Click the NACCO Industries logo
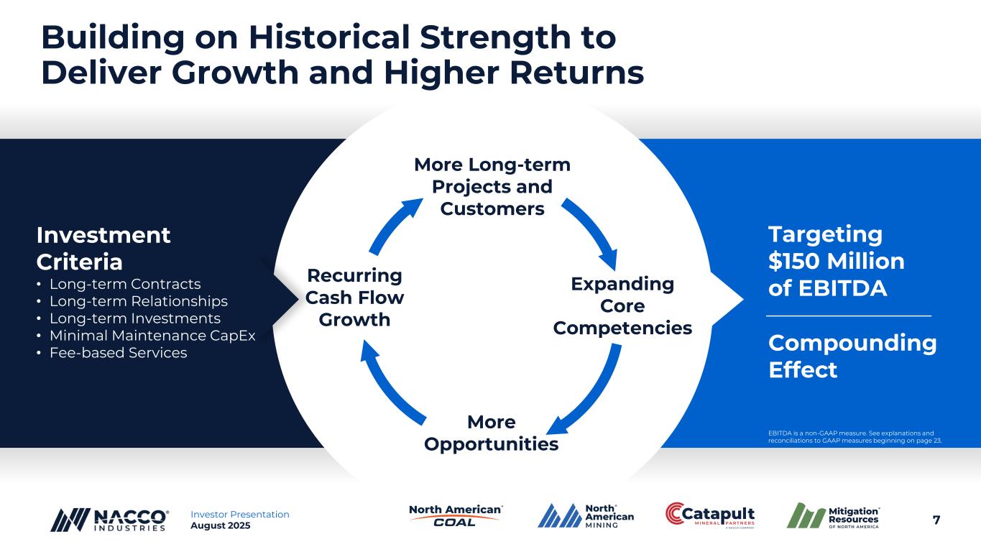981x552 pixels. tap(109, 520)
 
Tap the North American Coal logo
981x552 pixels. tap(456, 515)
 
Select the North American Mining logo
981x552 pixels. tap(586, 516)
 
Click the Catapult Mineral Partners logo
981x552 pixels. tap(710, 515)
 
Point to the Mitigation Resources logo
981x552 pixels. tap(833, 515)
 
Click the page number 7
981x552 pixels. tap(936, 520)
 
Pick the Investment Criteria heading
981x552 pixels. tap(103, 249)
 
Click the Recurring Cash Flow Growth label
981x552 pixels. tap(354, 298)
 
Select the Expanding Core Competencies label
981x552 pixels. tap(622, 305)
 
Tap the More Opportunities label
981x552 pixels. tap(492, 433)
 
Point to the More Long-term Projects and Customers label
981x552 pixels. tap(492, 187)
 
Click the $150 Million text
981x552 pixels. tap(836, 261)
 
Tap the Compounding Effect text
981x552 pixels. tap(852, 356)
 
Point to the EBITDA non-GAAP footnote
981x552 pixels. tap(855, 437)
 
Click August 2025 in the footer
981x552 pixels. tap(221, 525)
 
